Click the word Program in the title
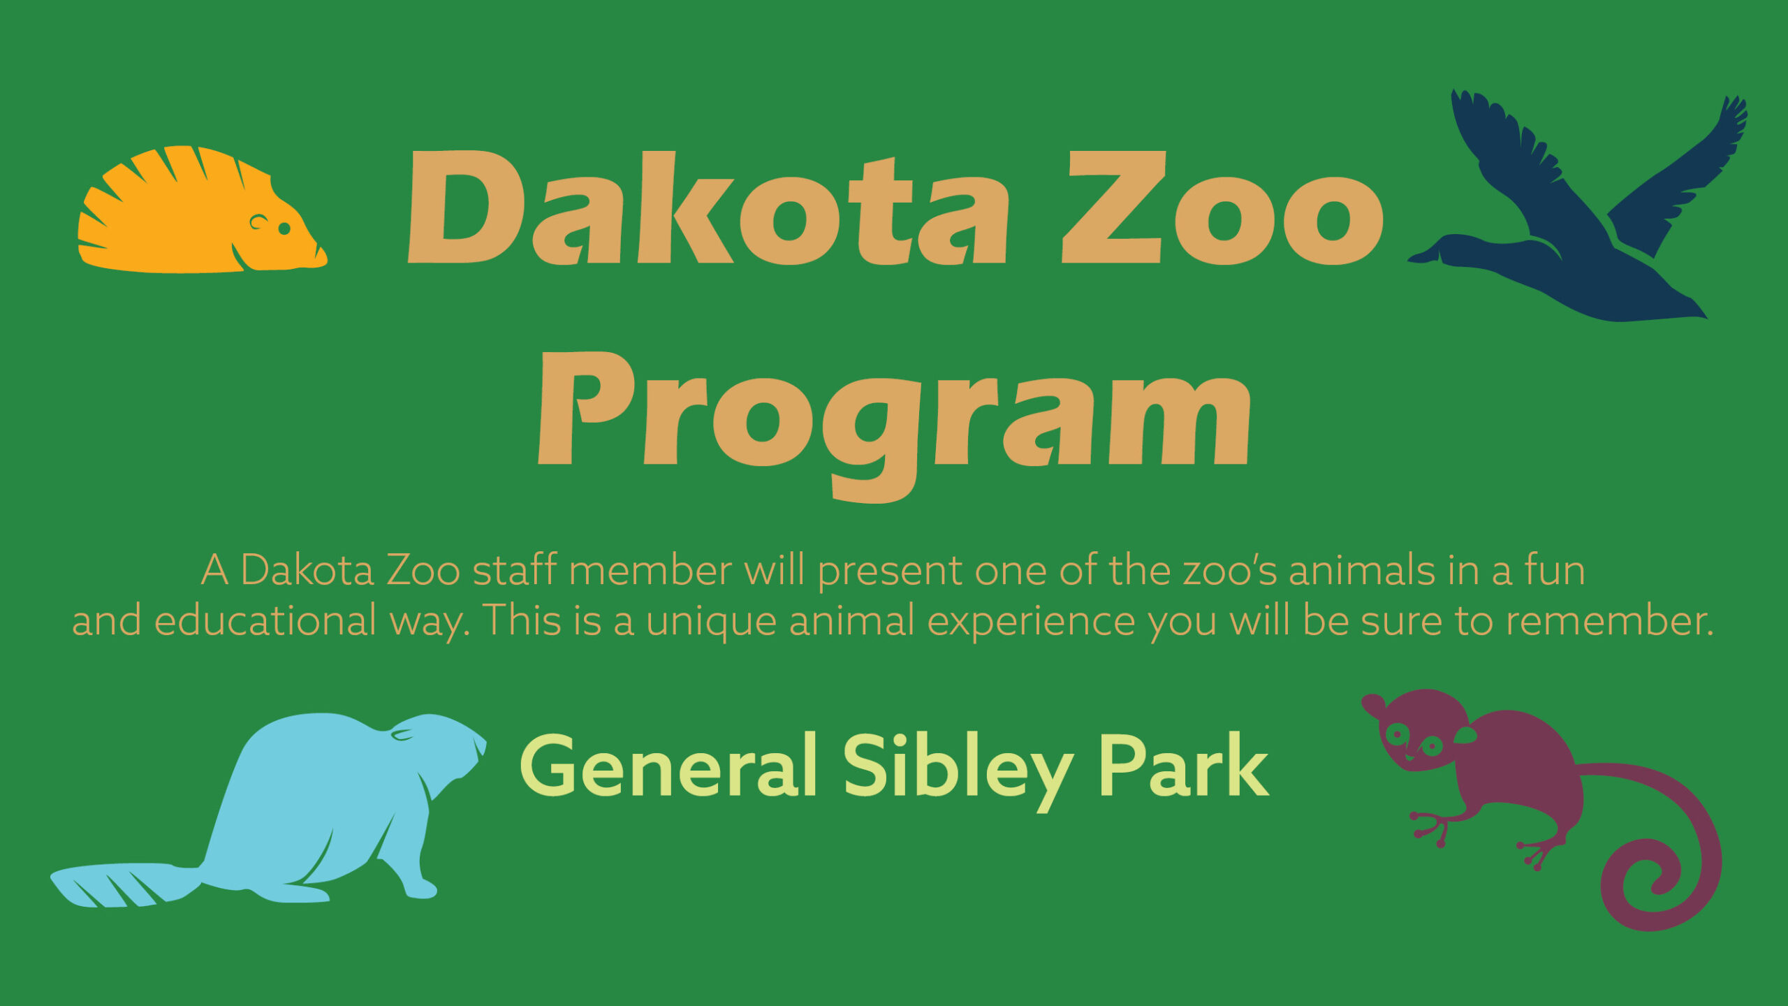(894, 426)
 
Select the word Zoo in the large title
(1222, 208)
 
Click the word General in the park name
(668, 766)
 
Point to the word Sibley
(958, 772)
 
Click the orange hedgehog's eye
(284, 228)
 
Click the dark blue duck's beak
(1425, 254)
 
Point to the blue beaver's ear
(403, 734)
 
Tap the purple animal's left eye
(1397, 733)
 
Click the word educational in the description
(265, 620)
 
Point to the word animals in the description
(1362, 570)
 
